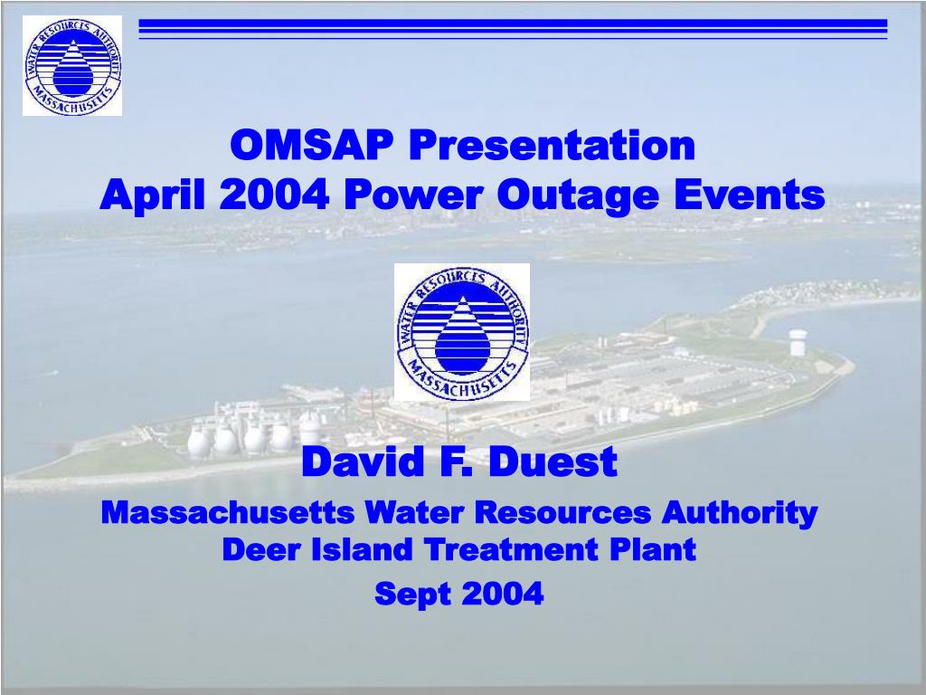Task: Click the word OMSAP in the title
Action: coord(311,145)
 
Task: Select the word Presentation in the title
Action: coord(552,145)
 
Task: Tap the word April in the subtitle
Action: coord(152,195)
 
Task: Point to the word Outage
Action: coord(577,195)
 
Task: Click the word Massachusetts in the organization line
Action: coord(227,512)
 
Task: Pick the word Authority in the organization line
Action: coord(740,513)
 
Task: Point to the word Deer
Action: coord(262,549)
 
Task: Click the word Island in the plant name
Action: coord(362,549)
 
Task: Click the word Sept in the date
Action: coord(412,594)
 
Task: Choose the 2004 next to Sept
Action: coord(502,593)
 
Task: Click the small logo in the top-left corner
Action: coord(72,65)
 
